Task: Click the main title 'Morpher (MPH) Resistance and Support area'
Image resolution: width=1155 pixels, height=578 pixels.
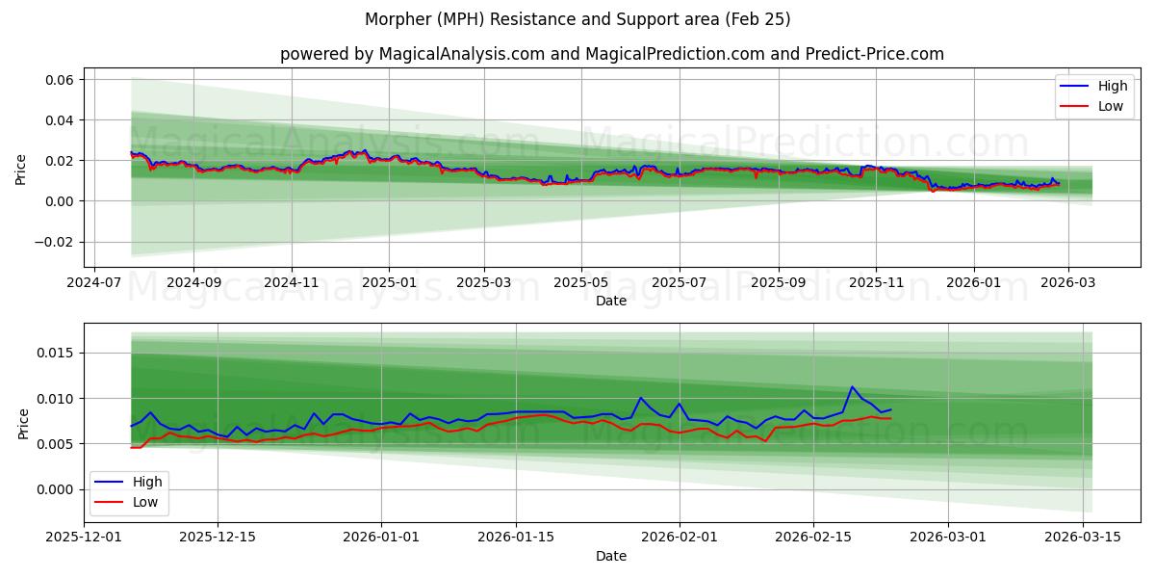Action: [577, 19]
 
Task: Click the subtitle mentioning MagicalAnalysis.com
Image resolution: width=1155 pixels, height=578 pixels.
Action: [611, 54]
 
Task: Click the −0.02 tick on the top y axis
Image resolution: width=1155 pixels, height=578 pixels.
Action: [52, 242]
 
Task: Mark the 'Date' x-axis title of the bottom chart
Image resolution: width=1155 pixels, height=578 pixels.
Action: [611, 556]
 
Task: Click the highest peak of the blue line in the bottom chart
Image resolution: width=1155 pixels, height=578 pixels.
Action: [852, 387]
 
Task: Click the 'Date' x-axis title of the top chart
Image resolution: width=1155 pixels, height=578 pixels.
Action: [611, 301]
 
